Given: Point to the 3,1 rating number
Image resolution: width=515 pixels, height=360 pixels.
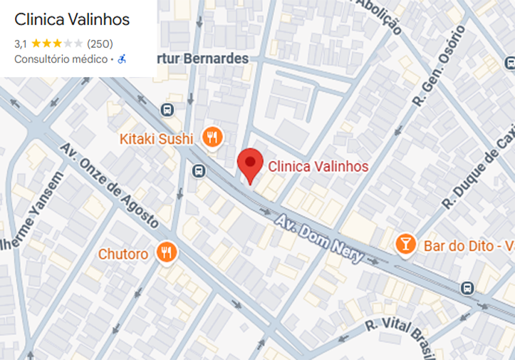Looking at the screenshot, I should tap(21, 43).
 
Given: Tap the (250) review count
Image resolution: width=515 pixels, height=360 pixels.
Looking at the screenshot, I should tap(100, 43).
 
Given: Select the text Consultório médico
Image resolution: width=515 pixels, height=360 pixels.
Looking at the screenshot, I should tap(61, 59).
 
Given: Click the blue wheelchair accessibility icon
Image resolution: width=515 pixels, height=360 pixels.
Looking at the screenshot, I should tap(122, 59).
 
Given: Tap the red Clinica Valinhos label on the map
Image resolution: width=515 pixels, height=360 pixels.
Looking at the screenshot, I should tap(318, 166).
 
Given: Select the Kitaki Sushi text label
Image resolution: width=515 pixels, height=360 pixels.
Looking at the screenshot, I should tap(159, 138).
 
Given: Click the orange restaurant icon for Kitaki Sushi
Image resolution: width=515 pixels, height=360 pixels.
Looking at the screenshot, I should tap(211, 137).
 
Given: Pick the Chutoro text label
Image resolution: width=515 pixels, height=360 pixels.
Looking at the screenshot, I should tap(123, 254).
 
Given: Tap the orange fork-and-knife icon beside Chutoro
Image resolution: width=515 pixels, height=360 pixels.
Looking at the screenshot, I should tap(167, 252).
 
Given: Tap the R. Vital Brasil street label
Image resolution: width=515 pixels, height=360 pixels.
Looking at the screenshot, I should tap(398, 335).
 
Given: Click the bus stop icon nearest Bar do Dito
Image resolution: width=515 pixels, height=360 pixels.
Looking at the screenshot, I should tap(467, 288).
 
